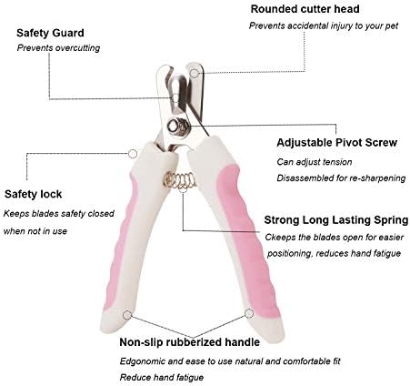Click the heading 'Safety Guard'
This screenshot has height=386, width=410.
(50, 33)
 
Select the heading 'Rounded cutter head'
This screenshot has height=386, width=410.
(305, 9)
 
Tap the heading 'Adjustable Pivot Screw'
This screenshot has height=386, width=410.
(336, 142)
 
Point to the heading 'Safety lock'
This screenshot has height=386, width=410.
(34, 194)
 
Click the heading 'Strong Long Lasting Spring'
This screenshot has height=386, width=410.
(336, 220)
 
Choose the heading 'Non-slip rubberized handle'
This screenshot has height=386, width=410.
(190, 342)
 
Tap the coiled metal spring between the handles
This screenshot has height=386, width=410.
(179, 180)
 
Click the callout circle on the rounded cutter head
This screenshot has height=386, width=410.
(195, 73)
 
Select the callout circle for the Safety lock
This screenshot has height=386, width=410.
(133, 154)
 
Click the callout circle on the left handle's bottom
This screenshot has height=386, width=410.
(127, 315)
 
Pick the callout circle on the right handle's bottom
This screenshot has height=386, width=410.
(249, 313)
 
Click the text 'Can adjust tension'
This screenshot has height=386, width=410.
(315, 162)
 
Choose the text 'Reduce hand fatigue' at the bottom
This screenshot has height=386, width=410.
(162, 378)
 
